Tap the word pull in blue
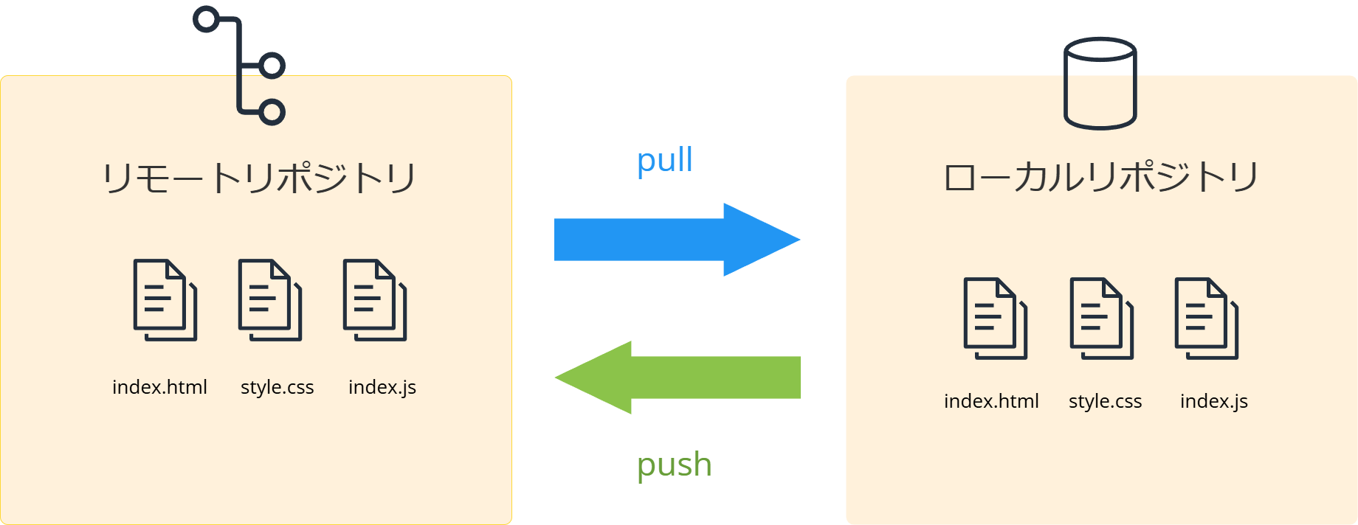pos(664,160)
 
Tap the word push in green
pos(674,465)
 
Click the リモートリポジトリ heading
pos(258,178)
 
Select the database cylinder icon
pos(1100,83)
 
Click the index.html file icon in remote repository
pos(164,299)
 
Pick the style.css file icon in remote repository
pos(269,299)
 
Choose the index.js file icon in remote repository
pos(374,299)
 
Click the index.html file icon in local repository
pos(995,318)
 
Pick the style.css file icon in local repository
pos(1101,318)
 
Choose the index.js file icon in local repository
pos(1206,318)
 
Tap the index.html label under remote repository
pos(159,387)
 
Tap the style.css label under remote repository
pos(277,387)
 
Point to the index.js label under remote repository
pos(382,387)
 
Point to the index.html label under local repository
pos(991,401)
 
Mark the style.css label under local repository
pos(1105,401)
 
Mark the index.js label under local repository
pos(1213,401)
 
